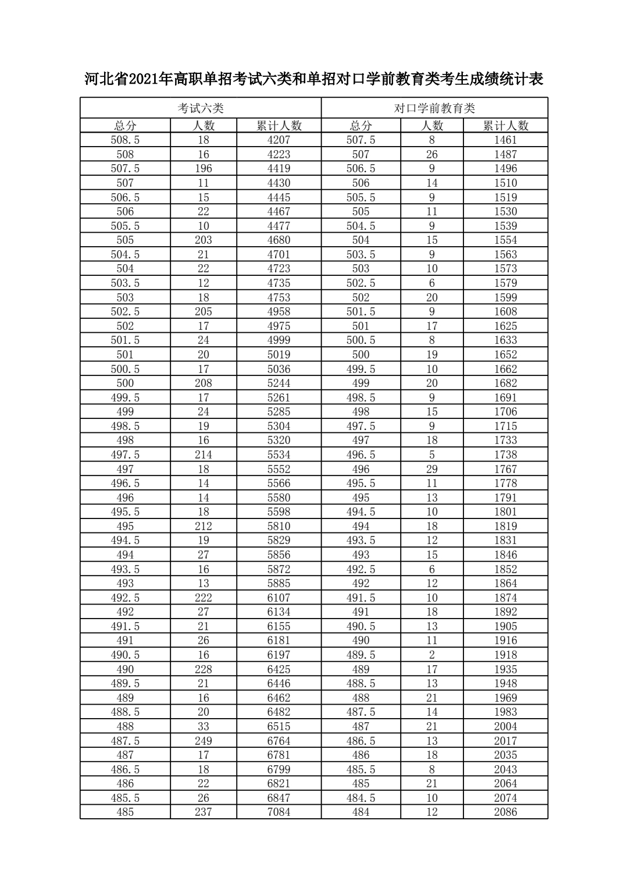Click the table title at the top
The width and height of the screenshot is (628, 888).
314,79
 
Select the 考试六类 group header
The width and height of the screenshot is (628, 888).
201,108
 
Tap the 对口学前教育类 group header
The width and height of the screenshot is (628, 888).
434,108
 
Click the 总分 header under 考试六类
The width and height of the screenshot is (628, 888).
125,126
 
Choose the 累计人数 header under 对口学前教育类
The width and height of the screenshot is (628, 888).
505,126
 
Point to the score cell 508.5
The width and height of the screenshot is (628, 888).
125,140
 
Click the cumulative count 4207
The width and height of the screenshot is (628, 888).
279,140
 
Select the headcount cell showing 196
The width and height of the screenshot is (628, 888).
204,169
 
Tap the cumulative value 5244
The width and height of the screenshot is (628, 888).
279,383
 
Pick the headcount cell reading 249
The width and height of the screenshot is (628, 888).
204,741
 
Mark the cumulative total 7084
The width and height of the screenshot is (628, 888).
279,812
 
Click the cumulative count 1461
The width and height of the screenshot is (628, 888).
505,140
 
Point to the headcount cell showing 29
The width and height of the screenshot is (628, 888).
431,469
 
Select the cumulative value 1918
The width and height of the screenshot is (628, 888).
505,655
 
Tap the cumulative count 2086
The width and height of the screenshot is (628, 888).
505,812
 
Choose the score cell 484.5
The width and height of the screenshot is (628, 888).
361,798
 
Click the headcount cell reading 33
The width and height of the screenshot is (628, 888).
204,727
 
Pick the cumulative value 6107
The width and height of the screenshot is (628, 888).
279,598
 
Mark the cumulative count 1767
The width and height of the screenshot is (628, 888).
505,469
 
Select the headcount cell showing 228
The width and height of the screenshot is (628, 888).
204,669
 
